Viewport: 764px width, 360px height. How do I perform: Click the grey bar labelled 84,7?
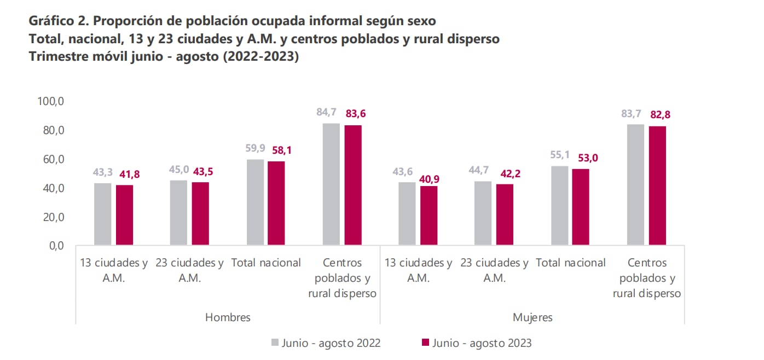pos(331,184)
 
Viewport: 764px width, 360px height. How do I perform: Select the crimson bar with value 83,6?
pos(353,185)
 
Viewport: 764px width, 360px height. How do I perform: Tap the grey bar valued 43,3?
pos(103,214)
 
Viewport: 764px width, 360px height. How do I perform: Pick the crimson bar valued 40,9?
pos(429,216)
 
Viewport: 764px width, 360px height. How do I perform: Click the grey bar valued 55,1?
pos(560,205)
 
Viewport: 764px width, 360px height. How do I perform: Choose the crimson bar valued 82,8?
pos(657,185)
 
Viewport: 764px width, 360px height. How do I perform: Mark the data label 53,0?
pos(581,159)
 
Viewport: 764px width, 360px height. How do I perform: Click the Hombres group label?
pos(228,317)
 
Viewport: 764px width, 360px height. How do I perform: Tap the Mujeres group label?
pos(533,317)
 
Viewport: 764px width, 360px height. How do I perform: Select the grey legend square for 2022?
pos(275,343)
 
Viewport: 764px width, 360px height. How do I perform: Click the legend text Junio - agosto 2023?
pos(482,344)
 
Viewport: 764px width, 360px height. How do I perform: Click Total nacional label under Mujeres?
pos(571,263)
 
